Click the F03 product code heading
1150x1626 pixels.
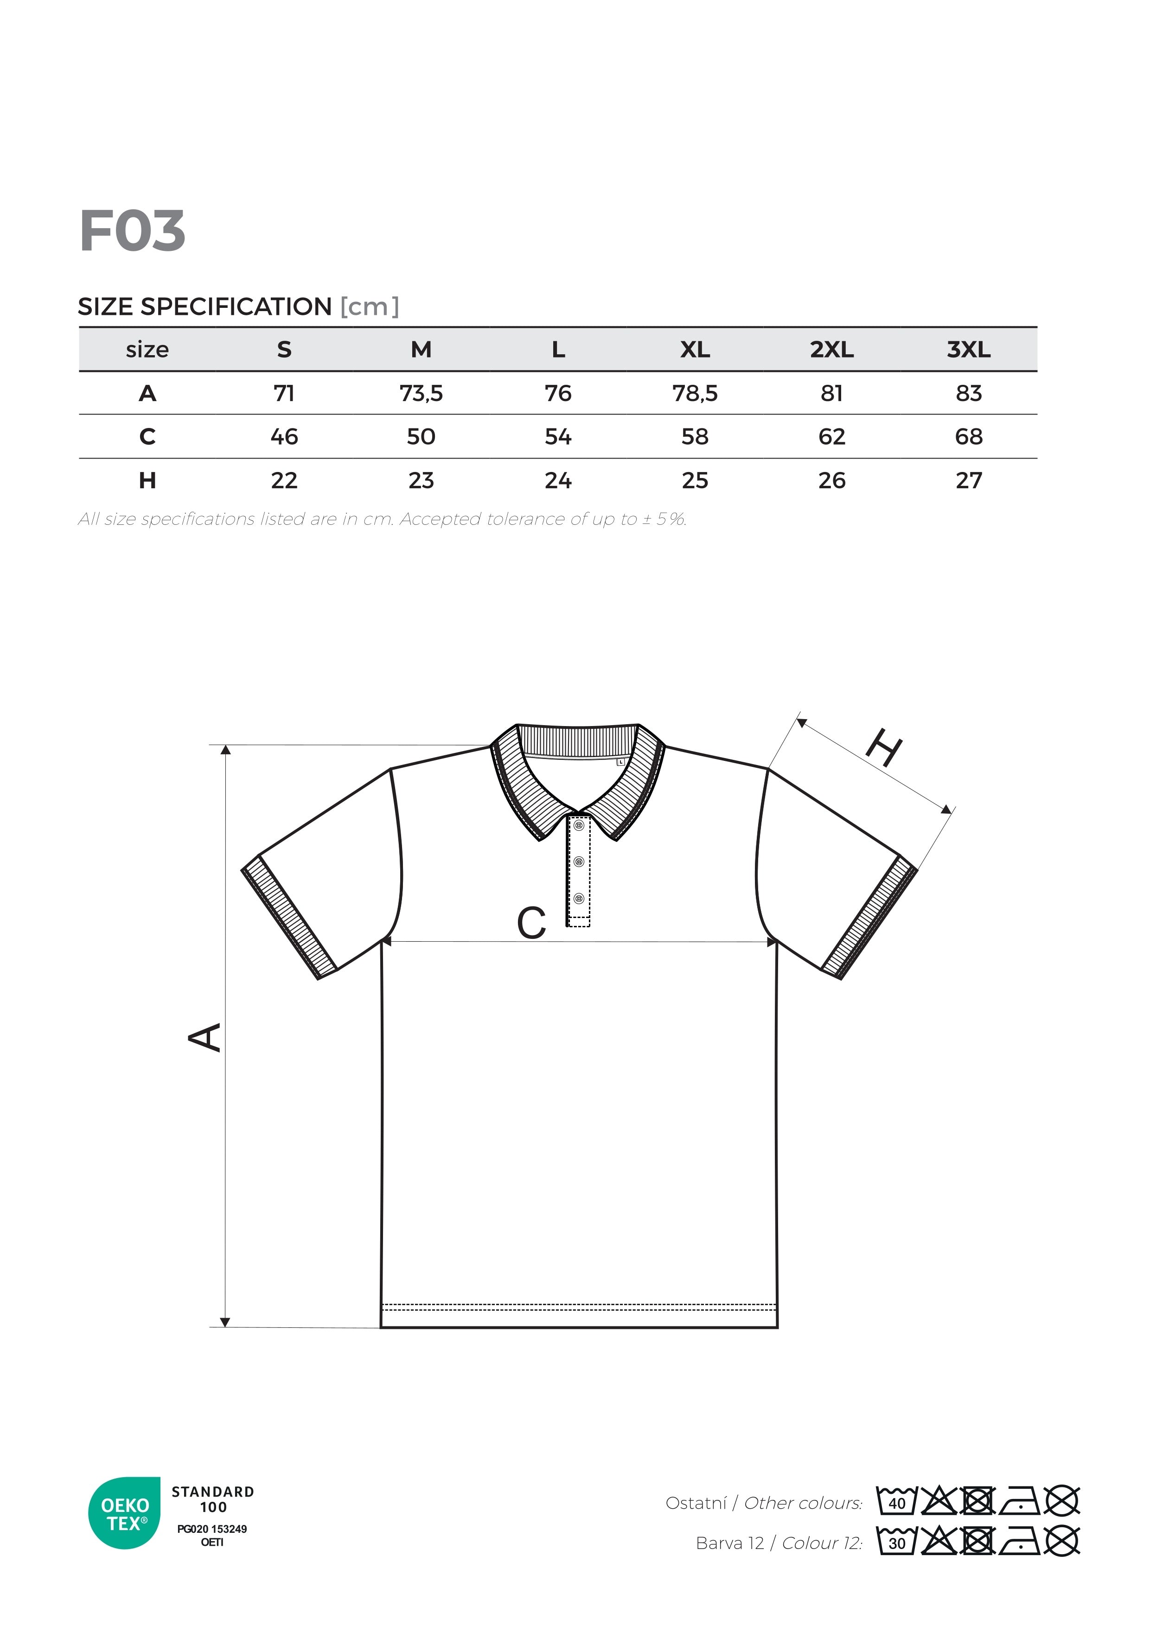pos(133,231)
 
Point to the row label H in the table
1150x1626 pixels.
pos(147,481)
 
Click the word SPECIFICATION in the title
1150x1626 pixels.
pos(236,306)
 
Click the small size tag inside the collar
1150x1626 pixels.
pos(620,762)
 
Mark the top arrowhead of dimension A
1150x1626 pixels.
pos(225,750)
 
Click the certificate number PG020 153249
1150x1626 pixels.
pos(212,1529)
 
